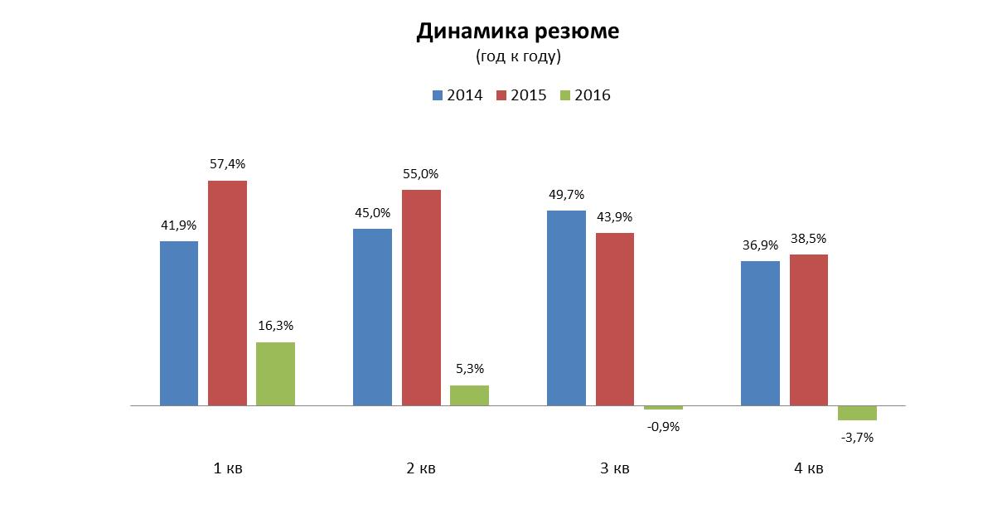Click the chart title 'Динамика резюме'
pos(517,32)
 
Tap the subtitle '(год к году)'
pos(518,56)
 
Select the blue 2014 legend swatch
pos(437,95)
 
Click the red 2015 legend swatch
pos(501,95)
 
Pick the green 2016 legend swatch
pos(565,95)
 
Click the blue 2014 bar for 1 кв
pos(179,323)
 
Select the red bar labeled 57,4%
pos(227,293)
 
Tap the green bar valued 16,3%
pos(275,374)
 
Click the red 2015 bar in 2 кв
pos(421,298)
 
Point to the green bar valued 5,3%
pos(469,395)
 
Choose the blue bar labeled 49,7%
pos(566,308)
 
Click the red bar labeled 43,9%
pos(614,319)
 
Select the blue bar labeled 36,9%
pos(760,333)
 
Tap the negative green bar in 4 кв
pos(857,413)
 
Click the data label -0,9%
pos(662,427)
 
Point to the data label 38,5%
pos(808,238)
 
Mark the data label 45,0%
pos(372,212)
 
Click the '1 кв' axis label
pos(228,469)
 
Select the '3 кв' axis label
pos(614,469)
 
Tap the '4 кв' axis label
pos(808,469)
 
